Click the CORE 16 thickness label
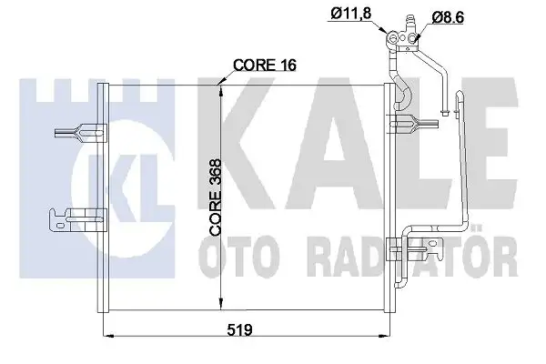[266, 66]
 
